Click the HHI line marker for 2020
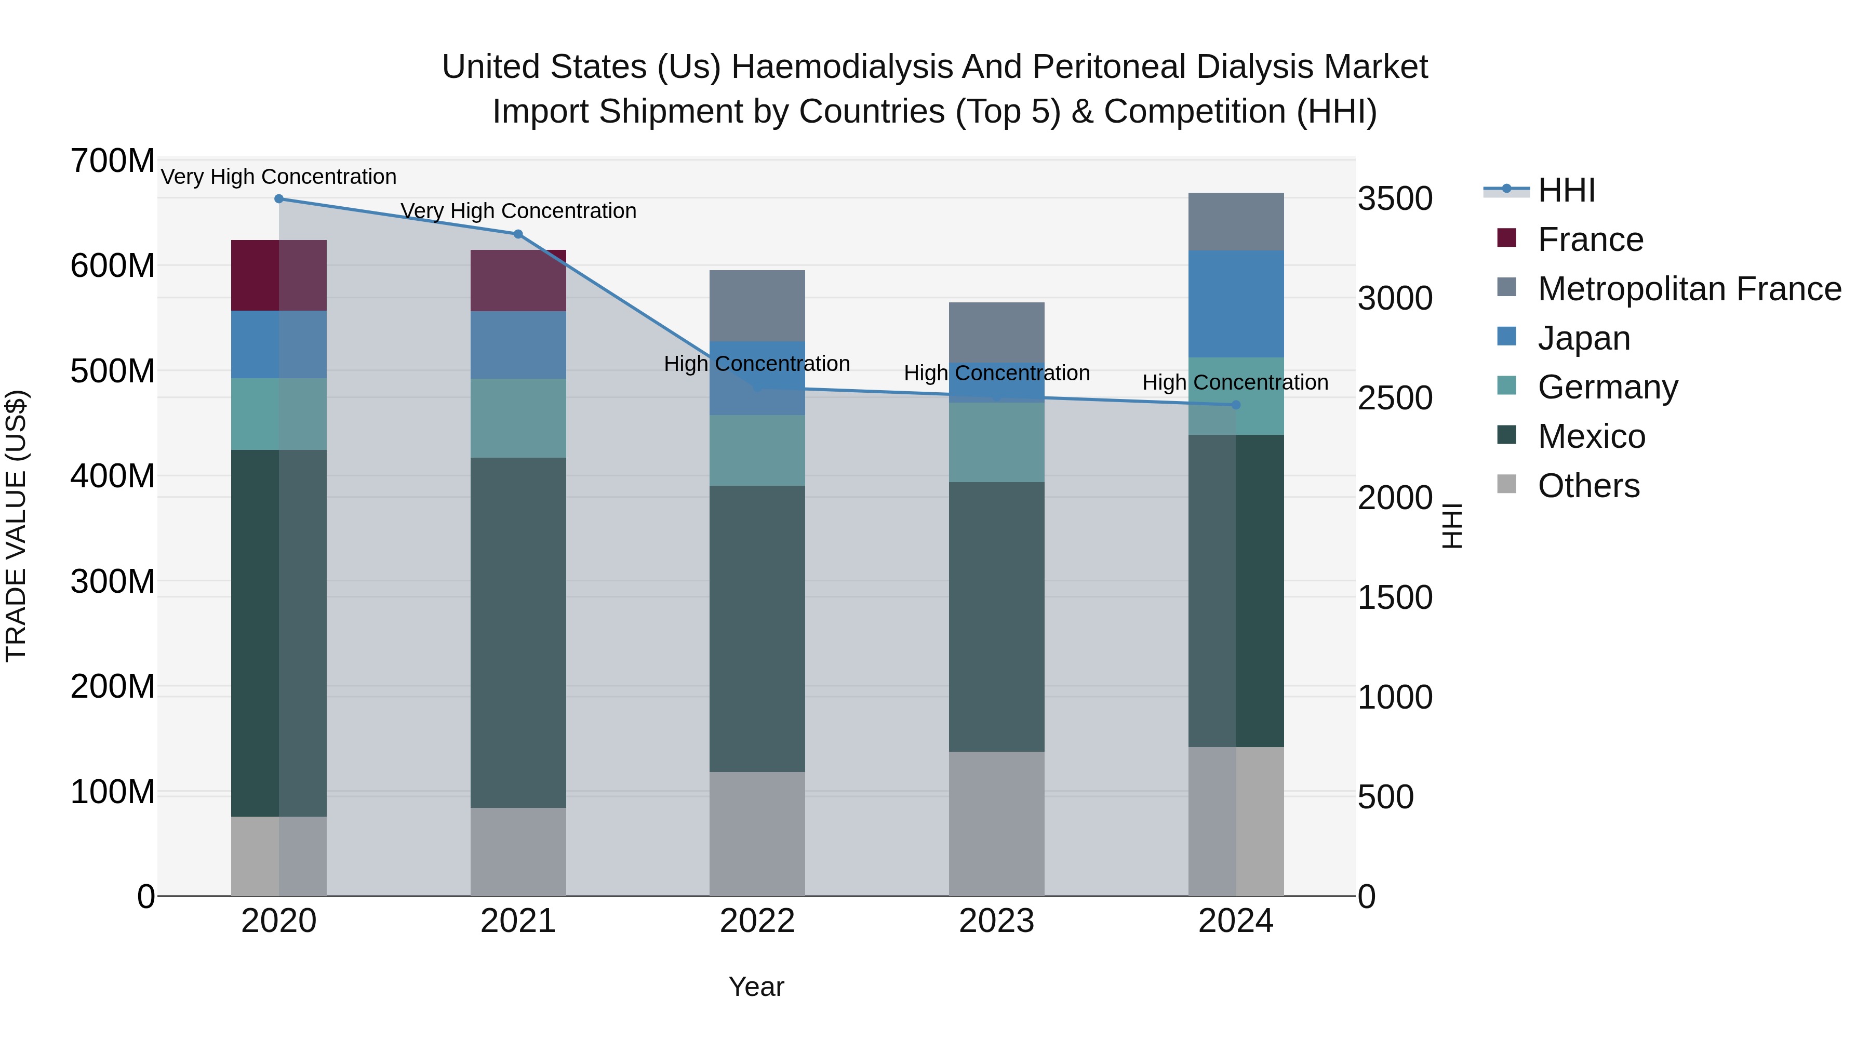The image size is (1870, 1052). [279, 199]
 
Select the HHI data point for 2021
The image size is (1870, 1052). [517, 234]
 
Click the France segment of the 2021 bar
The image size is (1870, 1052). [517, 281]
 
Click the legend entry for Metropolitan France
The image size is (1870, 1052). [1689, 289]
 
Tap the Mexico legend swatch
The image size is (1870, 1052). [1506, 436]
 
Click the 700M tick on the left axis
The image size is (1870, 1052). [113, 161]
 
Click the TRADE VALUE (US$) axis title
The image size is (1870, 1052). [16, 526]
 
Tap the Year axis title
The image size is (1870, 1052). [756, 987]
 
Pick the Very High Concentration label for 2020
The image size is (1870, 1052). [279, 177]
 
